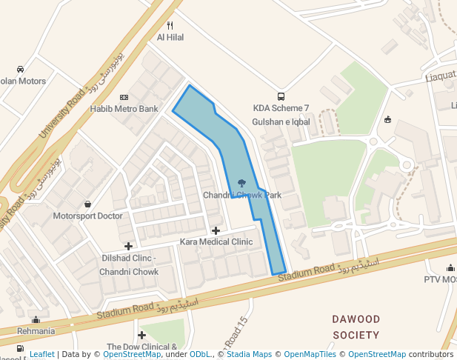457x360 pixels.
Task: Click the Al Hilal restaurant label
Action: click(x=170, y=37)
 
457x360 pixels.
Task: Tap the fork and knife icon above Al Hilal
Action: click(x=170, y=25)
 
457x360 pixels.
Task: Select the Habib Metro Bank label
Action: click(x=124, y=109)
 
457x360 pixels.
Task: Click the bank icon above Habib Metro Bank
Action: click(x=124, y=97)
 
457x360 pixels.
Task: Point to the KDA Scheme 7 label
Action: click(x=281, y=108)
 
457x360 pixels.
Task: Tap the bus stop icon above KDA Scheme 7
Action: click(x=281, y=96)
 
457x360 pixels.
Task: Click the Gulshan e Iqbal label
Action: click(x=281, y=121)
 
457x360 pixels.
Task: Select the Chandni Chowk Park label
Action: click(x=242, y=195)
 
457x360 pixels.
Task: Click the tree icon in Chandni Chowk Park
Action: click(x=241, y=182)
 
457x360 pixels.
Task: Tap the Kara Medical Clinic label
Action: click(x=216, y=242)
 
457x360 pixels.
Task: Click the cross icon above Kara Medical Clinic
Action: click(x=216, y=231)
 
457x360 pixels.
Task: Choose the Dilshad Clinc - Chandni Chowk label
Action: click(x=129, y=264)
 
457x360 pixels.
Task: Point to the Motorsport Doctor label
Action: click(x=87, y=216)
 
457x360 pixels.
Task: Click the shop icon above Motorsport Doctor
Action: click(x=87, y=204)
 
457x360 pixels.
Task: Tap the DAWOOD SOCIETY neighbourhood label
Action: click(x=356, y=327)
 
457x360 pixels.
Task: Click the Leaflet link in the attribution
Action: click(x=41, y=354)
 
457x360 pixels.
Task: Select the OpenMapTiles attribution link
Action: click(x=310, y=354)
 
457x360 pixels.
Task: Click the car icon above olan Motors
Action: click(x=19, y=70)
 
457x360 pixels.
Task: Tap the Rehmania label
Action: click(x=36, y=330)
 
